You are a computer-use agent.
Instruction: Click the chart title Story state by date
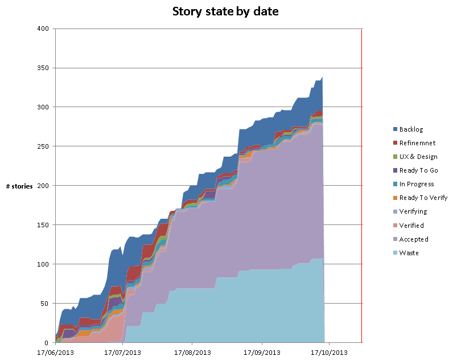coord(226,12)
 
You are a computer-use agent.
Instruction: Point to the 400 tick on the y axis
coord(43,28)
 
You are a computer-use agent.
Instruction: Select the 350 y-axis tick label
coord(43,68)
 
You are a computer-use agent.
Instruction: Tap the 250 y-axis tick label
coord(43,146)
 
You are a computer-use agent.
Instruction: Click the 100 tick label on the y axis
coord(43,264)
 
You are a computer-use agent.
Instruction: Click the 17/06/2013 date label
coord(56,352)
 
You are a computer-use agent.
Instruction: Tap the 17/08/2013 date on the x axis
coord(192,352)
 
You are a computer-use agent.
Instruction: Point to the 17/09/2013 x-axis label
coord(261,352)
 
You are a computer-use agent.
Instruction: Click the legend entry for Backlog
coord(411,129)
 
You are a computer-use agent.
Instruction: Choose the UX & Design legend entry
coord(418,157)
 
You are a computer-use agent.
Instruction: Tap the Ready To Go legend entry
coord(418,170)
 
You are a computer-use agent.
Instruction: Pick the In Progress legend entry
coord(417,184)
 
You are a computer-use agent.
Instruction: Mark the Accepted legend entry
coord(414,239)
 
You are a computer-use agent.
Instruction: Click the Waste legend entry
coord(409,253)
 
